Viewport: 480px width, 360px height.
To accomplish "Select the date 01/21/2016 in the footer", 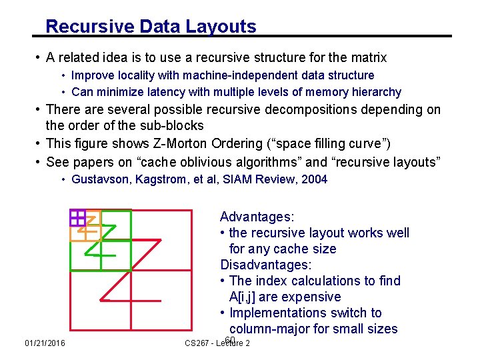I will point(45,343).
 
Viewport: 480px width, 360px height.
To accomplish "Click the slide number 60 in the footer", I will point(230,341).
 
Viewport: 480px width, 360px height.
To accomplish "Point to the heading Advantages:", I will point(257,217).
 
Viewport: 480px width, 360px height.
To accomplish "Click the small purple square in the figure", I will point(77,217).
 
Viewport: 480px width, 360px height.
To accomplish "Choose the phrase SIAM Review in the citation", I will point(254,179).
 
